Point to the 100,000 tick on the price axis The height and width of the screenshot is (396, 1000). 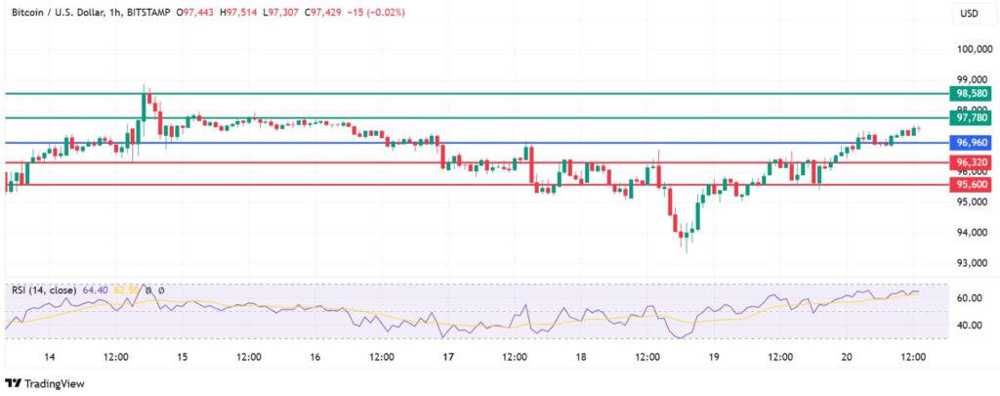[x=973, y=49]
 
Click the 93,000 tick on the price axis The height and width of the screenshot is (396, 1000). [x=970, y=263]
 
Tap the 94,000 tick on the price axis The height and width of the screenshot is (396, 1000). [x=970, y=233]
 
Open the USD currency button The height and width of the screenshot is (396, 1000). [x=971, y=14]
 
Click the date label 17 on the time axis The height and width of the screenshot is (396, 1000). [x=447, y=358]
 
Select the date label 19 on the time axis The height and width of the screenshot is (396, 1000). [x=713, y=358]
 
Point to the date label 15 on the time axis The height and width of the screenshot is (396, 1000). [x=182, y=358]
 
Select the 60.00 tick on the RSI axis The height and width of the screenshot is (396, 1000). [x=970, y=298]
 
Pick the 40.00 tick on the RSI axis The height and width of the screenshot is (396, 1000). [x=970, y=326]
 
